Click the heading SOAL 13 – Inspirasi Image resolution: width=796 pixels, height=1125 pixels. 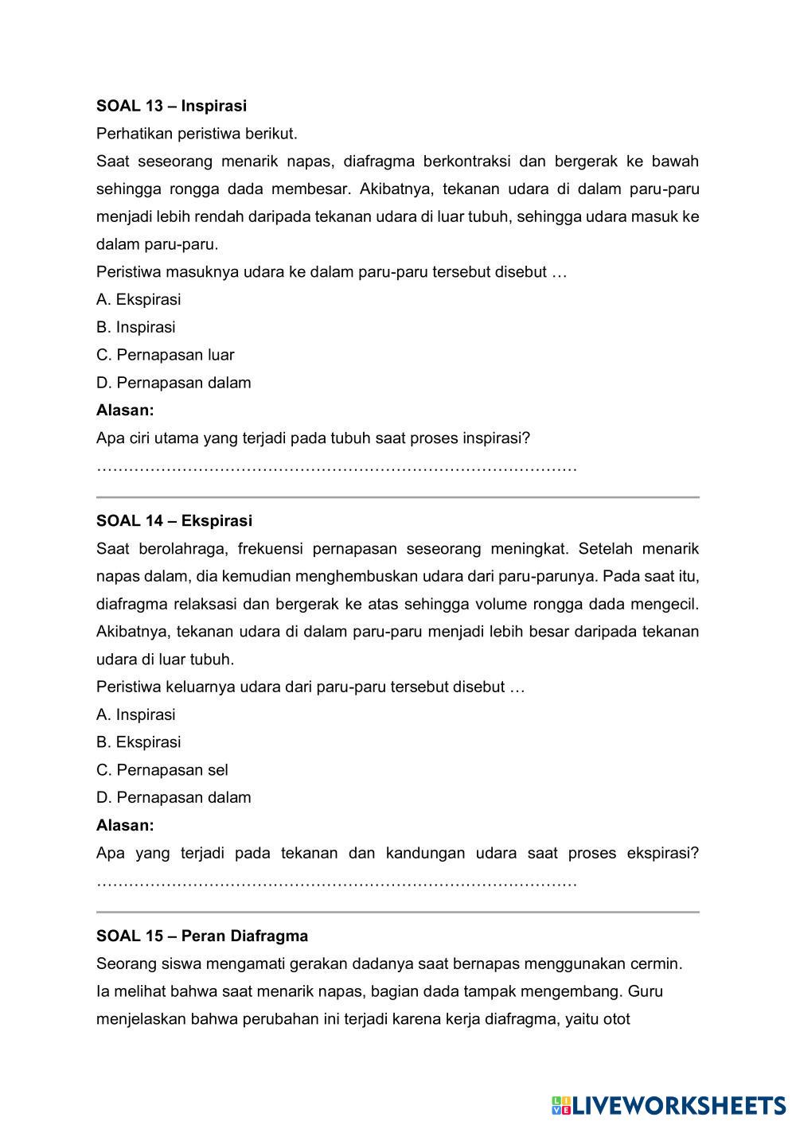click(x=171, y=106)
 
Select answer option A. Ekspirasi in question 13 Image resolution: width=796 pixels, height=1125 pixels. click(x=139, y=300)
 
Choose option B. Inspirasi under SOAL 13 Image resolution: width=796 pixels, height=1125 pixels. click(x=135, y=328)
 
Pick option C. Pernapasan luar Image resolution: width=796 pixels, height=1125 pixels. click(x=165, y=356)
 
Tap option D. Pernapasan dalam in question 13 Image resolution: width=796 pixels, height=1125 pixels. click(x=174, y=383)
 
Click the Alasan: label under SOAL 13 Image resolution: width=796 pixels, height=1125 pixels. click(x=125, y=411)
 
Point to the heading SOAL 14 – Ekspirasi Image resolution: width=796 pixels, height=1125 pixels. click(x=174, y=521)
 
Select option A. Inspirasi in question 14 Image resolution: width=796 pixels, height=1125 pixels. click(x=135, y=715)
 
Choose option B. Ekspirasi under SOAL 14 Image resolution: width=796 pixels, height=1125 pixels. click(x=139, y=742)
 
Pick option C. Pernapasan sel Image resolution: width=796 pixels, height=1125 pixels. click(x=162, y=770)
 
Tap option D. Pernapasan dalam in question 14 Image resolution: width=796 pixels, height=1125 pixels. click(x=174, y=798)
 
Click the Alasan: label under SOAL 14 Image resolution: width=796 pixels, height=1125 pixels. click(x=125, y=826)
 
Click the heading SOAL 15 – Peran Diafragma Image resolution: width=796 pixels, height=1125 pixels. click(x=201, y=936)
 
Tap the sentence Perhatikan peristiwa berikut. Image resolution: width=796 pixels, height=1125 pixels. click(x=196, y=134)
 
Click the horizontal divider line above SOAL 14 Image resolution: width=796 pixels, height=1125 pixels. click(x=397, y=497)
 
